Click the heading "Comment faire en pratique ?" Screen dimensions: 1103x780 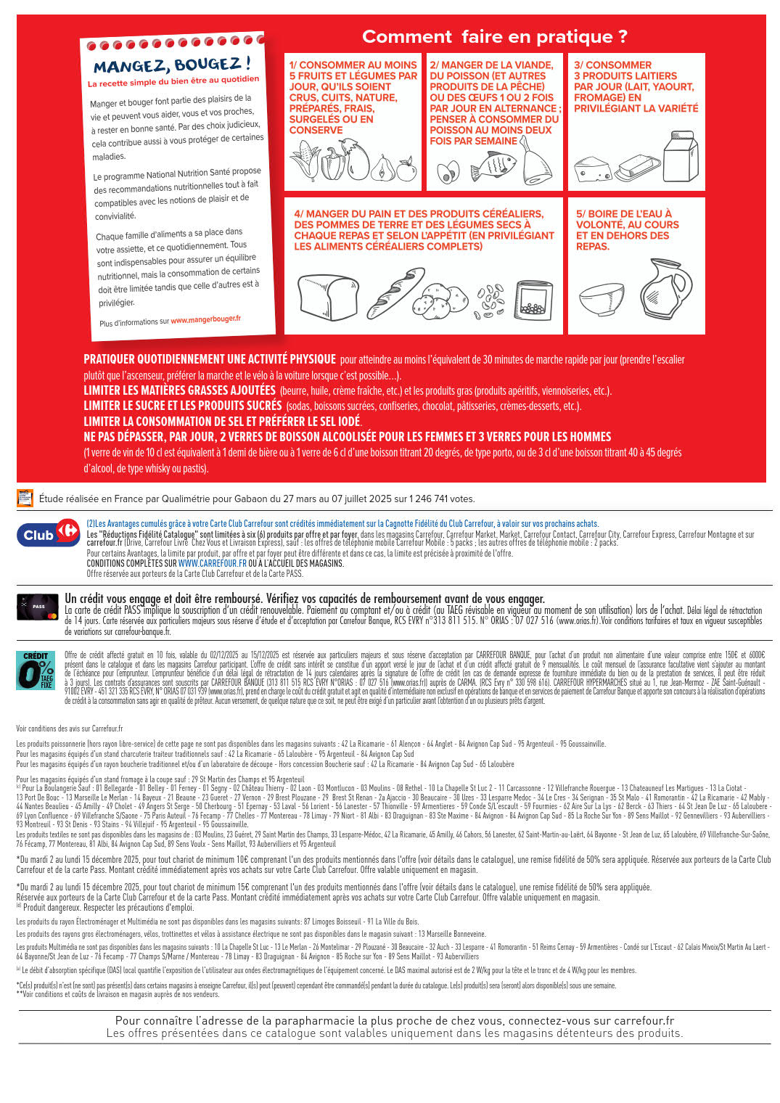click(495, 36)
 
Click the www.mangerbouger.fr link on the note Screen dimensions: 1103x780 click(205, 319)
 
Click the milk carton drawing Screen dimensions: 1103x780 click(681, 157)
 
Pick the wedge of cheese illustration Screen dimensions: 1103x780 click(593, 170)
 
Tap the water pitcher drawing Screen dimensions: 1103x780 click(665, 288)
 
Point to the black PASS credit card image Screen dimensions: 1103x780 click(38, 607)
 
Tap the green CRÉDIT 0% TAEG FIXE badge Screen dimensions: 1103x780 click(36, 670)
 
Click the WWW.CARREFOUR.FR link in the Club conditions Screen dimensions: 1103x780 click(212, 563)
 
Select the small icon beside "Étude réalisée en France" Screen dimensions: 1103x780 click(25, 499)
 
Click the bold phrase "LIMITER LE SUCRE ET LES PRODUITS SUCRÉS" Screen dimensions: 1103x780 click(182, 406)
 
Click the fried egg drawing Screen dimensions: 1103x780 click(448, 172)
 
